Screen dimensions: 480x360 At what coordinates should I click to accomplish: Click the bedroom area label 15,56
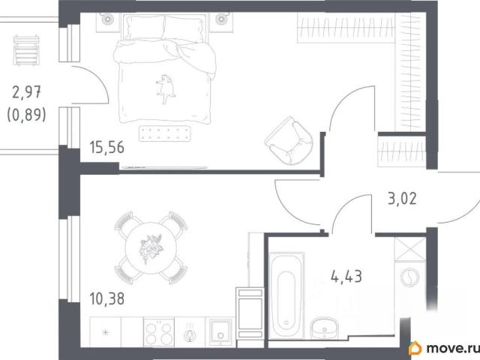click(x=106, y=147)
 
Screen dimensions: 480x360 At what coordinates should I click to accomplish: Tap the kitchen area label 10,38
click(x=106, y=298)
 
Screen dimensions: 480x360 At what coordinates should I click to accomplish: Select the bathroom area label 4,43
click(x=346, y=277)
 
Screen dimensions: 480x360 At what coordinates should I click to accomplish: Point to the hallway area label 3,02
click(x=402, y=199)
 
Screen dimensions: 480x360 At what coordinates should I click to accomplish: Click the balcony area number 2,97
click(x=27, y=92)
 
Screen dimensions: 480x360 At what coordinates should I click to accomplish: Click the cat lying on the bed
click(x=166, y=88)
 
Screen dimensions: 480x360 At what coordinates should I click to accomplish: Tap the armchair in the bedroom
click(x=289, y=140)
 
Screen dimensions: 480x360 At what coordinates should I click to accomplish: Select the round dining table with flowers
click(x=151, y=248)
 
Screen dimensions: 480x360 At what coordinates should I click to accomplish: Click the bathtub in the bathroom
click(x=286, y=295)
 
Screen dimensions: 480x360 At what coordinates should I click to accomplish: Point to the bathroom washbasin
click(x=324, y=328)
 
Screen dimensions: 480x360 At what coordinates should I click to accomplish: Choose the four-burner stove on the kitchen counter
click(x=159, y=333)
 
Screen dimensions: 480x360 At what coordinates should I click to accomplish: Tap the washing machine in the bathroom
click(x=409, y=277)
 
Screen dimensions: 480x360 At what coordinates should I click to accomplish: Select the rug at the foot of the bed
click(x=165, y=133)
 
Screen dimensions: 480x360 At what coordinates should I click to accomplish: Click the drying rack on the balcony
click(x=26, y=50)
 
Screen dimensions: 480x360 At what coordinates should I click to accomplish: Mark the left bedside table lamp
click(x=108, y=19)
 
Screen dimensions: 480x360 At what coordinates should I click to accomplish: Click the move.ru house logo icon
click(x=415, y=348)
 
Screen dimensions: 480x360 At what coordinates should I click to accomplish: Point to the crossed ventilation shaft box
click(x=410, y=249)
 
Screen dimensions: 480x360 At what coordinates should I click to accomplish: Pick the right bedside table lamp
click(x=221, y=19)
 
